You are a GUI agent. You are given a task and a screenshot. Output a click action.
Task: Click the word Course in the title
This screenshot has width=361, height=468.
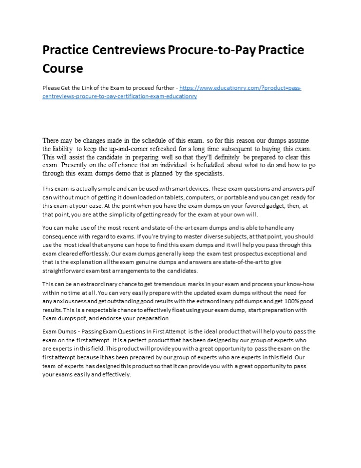[x=63, y=68]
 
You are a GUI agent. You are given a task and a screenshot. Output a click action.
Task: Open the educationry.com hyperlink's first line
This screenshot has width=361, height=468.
[x=240, y=88]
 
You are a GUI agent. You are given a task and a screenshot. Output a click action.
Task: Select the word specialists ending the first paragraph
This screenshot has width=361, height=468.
[x=207, y=173]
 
